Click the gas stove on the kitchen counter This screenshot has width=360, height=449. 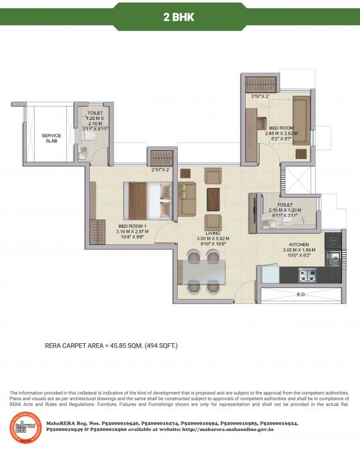[x=307, y=276]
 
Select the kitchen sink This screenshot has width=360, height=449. [x=332, y=258]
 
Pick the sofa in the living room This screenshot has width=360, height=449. [x=187, y=198]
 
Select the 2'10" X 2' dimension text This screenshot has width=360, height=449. [x=160, y=170]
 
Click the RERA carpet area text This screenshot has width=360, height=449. [x=111, y=346]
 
